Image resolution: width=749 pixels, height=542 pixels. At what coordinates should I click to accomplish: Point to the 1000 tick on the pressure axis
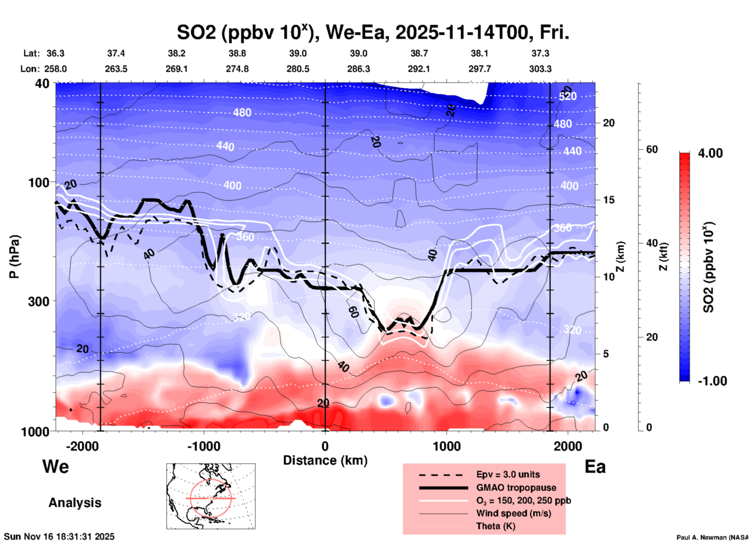[38, 431]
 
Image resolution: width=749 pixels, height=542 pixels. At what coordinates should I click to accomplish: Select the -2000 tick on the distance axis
[82, 446]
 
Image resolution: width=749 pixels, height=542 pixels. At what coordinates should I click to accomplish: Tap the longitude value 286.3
[358, 69]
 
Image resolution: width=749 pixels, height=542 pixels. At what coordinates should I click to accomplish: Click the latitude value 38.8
[237, 53]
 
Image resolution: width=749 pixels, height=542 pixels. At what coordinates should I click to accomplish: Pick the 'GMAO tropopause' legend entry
[516, 488]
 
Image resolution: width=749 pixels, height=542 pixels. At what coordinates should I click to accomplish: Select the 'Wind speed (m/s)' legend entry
[513, 513]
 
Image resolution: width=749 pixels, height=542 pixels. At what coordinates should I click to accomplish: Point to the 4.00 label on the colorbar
[710, 153]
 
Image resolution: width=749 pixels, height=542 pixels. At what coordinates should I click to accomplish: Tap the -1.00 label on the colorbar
[712, 381]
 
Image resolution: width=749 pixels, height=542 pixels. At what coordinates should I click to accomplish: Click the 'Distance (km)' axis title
[325, 460]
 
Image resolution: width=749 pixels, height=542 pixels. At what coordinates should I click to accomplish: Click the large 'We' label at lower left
[56, 466]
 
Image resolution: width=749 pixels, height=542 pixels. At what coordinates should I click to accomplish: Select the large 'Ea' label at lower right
[595, 467]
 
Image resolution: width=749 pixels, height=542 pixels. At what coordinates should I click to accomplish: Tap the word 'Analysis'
[75, 503]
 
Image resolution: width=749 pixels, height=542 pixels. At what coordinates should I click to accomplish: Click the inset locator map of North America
[211, 496]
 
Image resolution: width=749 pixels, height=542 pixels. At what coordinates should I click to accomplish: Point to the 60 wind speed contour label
[353, 311]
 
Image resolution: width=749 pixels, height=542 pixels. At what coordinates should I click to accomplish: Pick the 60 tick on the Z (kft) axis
[652, 149]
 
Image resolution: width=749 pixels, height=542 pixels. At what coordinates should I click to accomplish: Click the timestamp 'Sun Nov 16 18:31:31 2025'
[59, 537]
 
